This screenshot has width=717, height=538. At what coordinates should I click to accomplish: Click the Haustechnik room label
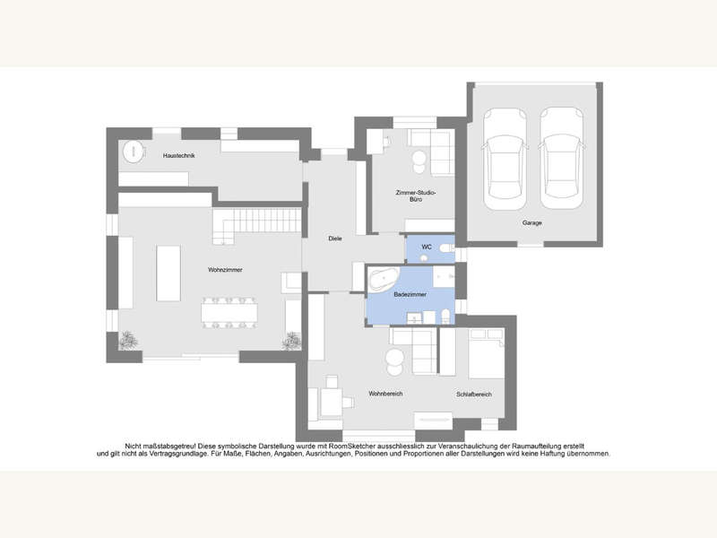pyautogui.click(x=179, y=156)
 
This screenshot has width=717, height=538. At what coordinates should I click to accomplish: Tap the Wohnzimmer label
pyautogui.click(x=225, y=270)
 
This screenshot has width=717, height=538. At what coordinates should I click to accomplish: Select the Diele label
pyautogui.click(x=335, y=239)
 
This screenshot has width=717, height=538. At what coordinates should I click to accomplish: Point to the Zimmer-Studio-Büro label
pyautogui.click(x=416, y=196)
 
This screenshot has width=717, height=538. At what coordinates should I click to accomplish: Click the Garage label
pyautogui.click(x=532, y=223)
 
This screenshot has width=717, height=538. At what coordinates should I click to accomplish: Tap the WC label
pyautogui.click(x=427, y=246)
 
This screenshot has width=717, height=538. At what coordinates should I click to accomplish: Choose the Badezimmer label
pyautogui.click(x=410, y=294)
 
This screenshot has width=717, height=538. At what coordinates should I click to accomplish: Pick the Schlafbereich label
pyautogui.click(x=474, y=395)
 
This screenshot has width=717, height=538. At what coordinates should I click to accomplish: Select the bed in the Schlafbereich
pyautogui.click(x=485, y=353)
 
